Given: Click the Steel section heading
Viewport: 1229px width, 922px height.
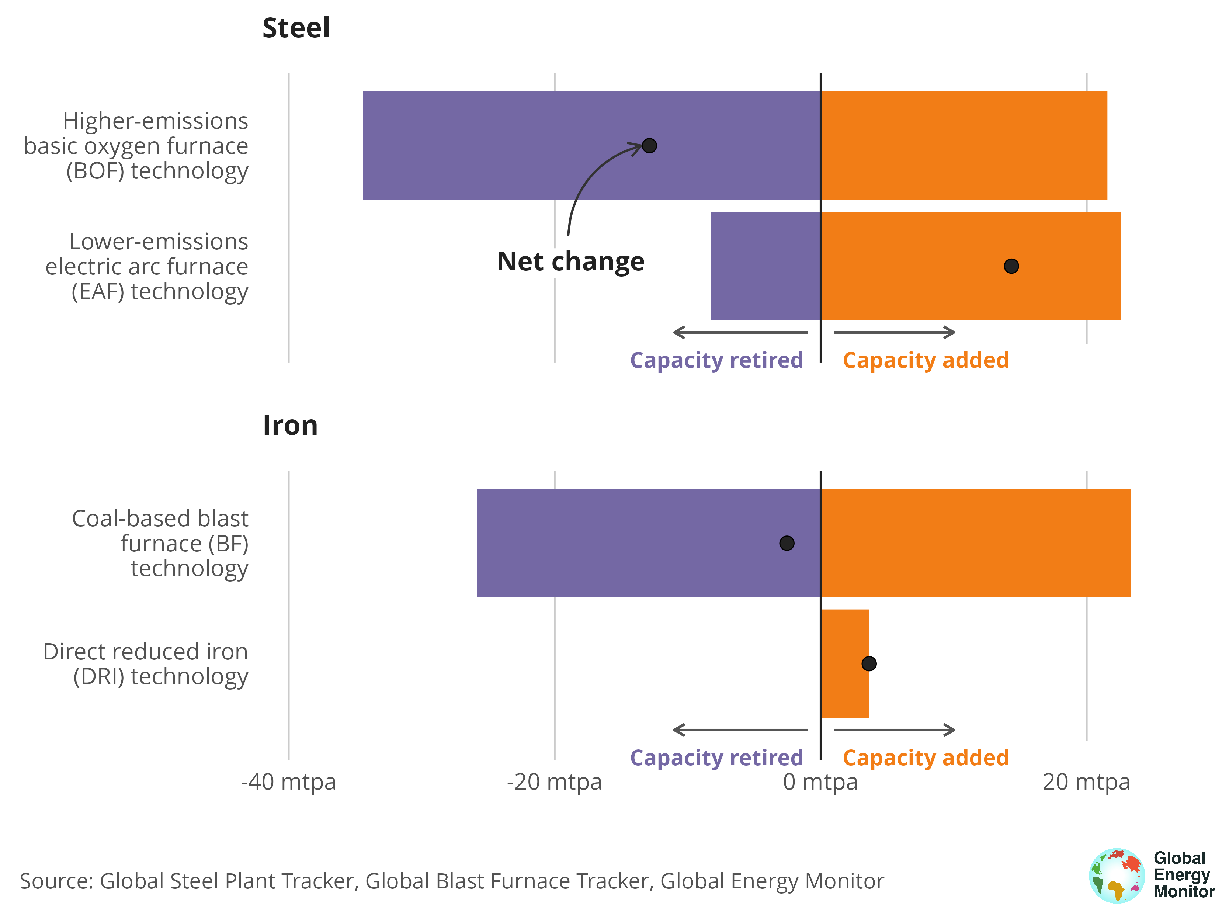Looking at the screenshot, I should click(x=296, y=28).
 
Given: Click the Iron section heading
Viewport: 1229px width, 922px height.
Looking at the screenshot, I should click(x=290, y=426).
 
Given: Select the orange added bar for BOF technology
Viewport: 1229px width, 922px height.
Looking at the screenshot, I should click(x=964, y=146).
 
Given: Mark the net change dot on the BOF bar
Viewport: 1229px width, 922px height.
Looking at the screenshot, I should click(x=649, y=146).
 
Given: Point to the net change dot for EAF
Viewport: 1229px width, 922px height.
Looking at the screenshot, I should click(x=1011, y=266).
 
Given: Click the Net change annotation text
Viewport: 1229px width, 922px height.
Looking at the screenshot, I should click(x=570, y=261).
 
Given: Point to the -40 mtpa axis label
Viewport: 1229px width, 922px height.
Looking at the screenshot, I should click(x=288, y=782).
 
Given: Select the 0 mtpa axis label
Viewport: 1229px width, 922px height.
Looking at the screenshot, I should click(x=820, y=782).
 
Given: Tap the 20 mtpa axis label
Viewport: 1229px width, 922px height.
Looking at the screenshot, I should click(x=1086, y=782).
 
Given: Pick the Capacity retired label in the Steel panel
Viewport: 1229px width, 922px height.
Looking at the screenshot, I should click(x=716, y=360).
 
